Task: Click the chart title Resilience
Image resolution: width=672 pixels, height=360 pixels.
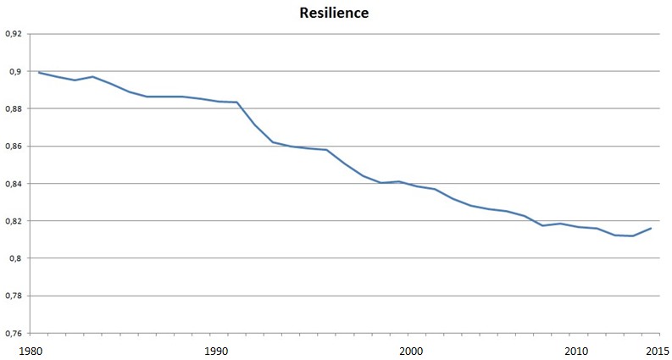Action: coord(336,14)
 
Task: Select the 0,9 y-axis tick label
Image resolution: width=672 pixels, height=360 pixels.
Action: coord(14,71)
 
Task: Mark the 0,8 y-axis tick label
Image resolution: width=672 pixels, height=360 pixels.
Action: coord(14,258)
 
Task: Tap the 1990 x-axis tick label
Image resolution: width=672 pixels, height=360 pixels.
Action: coord(218,350)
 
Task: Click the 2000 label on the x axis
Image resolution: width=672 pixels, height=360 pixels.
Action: coord(410,350)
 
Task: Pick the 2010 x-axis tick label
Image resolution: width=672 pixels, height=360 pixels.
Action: coord(576,350)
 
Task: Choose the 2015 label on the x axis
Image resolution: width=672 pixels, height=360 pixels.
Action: coord(653,350)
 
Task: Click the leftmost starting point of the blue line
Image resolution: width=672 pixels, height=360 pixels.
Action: coord(39,73)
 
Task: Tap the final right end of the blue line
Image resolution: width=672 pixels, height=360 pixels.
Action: coord(651,228)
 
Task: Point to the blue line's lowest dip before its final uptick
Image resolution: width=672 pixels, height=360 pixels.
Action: coord(633,235)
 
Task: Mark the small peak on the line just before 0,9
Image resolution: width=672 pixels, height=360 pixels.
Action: coord(92,76)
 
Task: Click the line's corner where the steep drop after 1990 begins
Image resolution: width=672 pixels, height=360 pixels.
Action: coord(237,102)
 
